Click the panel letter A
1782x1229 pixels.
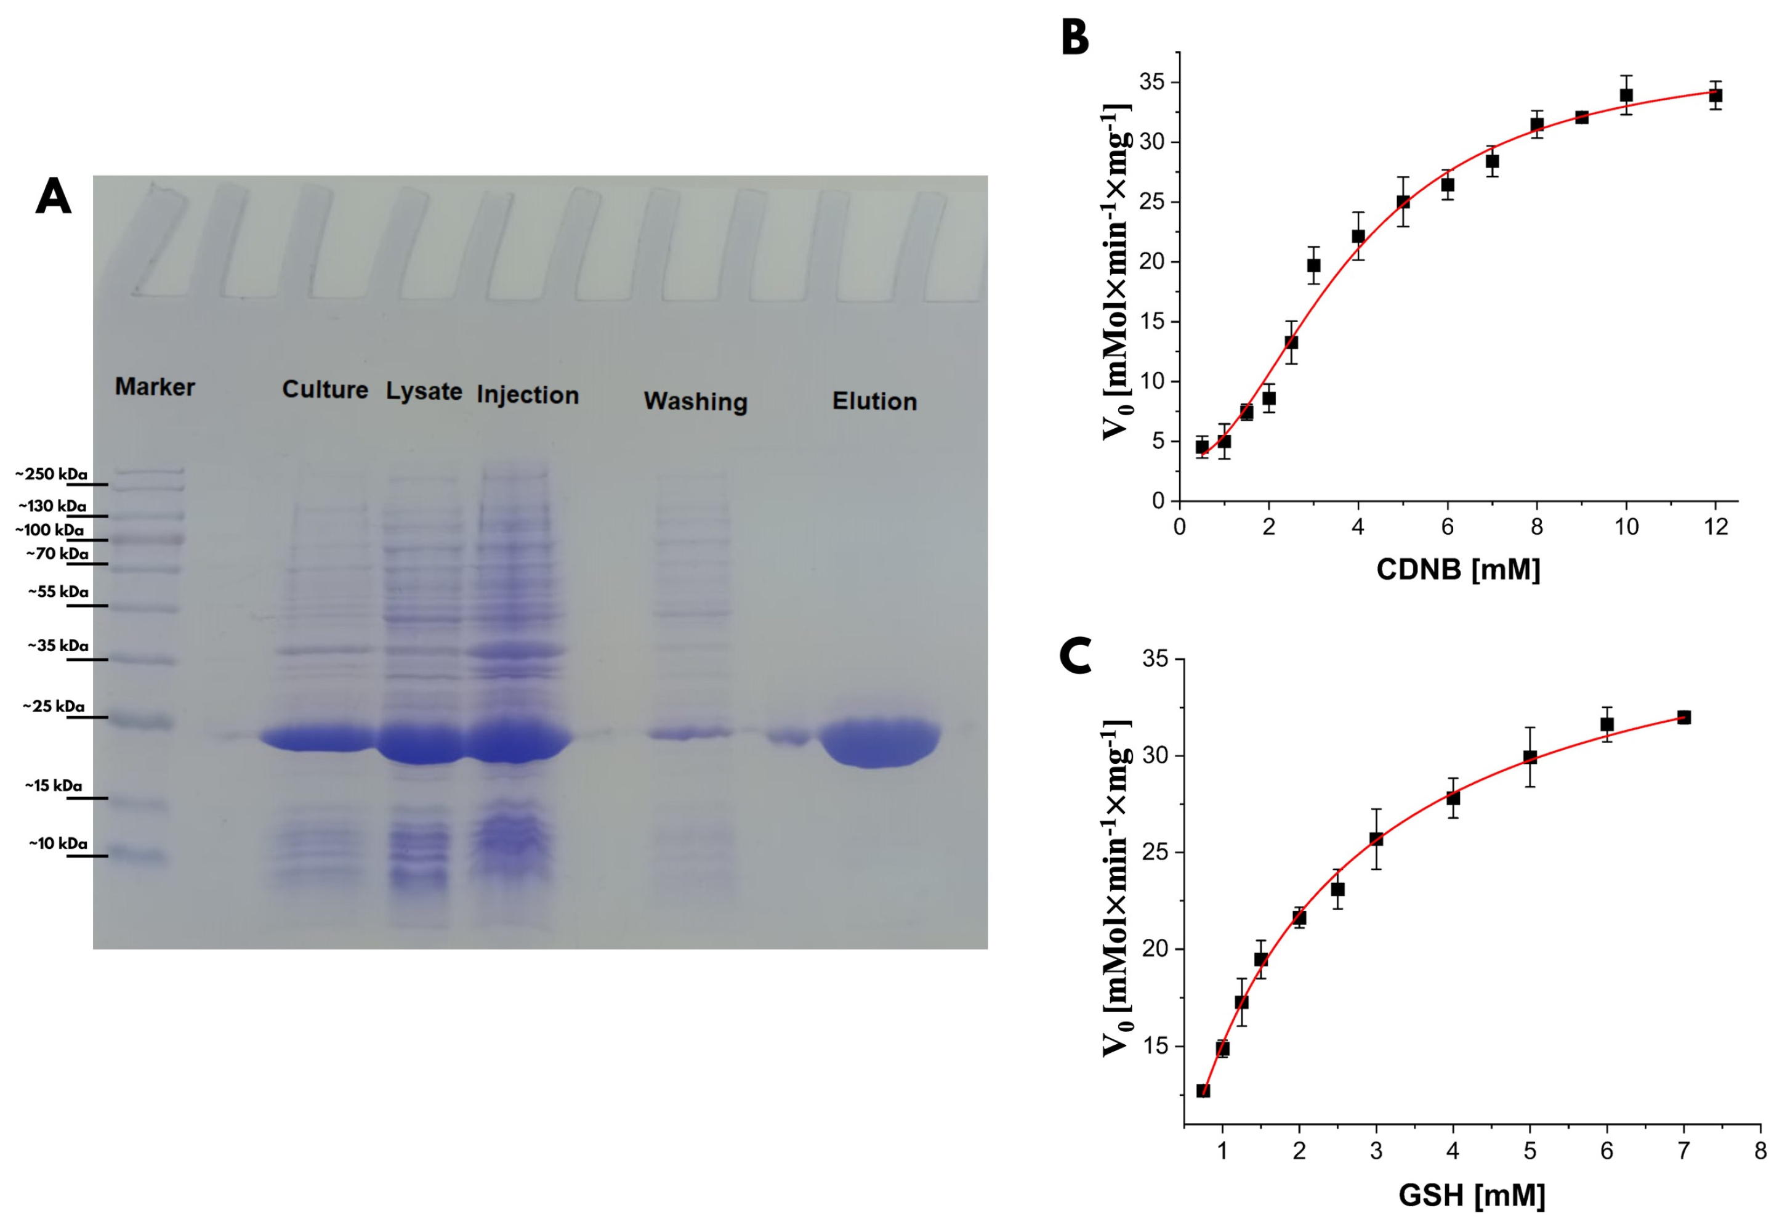pos(53,197)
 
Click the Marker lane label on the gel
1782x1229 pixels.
pos(155,387)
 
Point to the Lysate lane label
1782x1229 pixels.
pos(424,391)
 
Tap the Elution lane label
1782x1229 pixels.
pos(874,401)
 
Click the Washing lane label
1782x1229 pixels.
pos(695,401)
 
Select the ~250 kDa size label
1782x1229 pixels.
pos(51,474)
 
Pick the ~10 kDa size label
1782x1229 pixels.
pos(58,843)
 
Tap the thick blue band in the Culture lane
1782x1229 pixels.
pos(316,739)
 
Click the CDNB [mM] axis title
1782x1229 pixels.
pos(1458,569)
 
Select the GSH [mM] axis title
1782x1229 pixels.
pos(1471,1196)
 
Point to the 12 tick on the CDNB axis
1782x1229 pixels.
pos(1715,527)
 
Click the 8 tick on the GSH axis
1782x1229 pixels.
pos(1760,1152)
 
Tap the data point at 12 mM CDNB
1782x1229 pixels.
pos(1715,95)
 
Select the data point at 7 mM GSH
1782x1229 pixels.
pos(1683,717)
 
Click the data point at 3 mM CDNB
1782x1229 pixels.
pos(1313,266)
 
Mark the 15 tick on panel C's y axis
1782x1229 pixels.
pos(1157,1047)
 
